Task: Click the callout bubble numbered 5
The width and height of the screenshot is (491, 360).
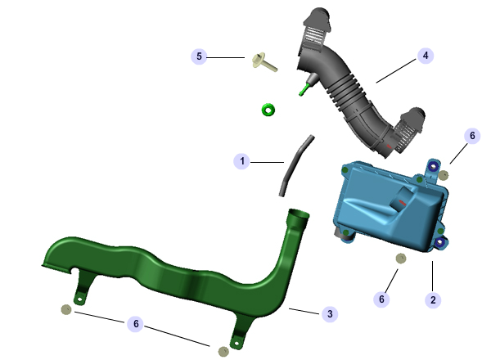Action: click(x=199, y=56)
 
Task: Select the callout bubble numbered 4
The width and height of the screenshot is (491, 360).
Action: click(x=426, y=56)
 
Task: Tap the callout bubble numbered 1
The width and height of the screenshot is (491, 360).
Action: click(x=241, y=161)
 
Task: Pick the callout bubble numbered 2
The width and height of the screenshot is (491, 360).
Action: click(x=433, y=300)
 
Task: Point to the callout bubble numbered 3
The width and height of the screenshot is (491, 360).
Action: click(x=330, y=313)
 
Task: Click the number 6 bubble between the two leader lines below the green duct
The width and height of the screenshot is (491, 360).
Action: click(x=136, y=323)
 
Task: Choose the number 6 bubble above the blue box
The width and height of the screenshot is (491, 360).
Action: click(x=472, y=136)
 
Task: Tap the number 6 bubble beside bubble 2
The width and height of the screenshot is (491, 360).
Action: click(x=381, y=299)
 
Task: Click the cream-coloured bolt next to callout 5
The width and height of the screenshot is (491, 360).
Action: click(x=264, y=62)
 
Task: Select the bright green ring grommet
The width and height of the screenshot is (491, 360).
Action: click(x=268, y=110)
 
